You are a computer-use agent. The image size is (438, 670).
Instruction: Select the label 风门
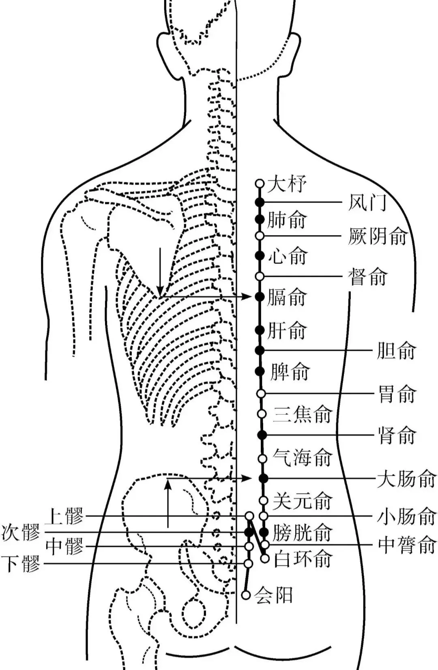[367, 202]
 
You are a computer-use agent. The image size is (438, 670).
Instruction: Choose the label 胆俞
[396, 351]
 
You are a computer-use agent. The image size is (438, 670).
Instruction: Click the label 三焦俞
[303, 414]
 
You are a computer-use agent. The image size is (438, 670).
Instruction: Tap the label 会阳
[273, 595]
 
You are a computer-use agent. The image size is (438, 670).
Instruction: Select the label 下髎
[21, 564]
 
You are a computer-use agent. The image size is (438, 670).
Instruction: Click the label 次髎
[21, 532]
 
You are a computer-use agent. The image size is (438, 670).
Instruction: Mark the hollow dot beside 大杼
[260, 184]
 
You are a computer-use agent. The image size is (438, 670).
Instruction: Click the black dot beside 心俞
[260, 255]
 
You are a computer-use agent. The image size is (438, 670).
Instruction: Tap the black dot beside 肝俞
[260, 330]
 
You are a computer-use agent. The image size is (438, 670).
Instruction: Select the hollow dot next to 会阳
[246, 595]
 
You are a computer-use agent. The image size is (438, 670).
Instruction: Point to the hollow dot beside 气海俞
[263, 459]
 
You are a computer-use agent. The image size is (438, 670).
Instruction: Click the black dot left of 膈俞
[260, 297]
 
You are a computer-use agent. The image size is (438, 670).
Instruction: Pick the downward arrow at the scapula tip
[160, 272]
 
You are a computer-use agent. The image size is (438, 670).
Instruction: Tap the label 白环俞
[303, 559]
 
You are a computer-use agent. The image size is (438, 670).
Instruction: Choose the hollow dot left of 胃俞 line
[261, 393]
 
